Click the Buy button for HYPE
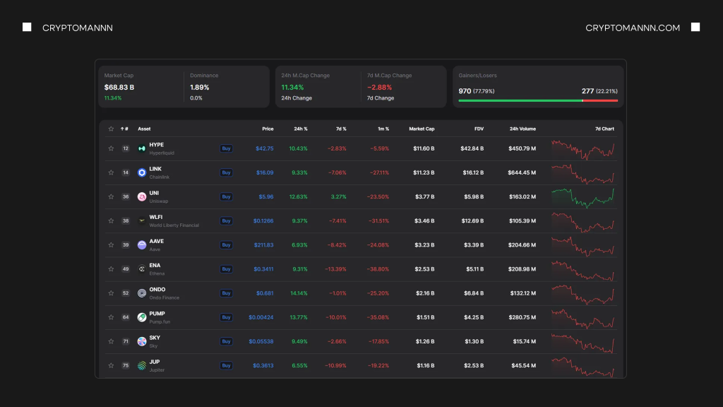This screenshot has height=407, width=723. (226, 148)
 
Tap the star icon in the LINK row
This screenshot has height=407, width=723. (111, 172)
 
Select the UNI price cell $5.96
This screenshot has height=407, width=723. (265, 196)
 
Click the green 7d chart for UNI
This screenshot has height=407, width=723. (582, 196)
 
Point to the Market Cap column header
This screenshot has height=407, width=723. (422, 129)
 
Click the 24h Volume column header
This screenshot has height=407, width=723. (522, 129)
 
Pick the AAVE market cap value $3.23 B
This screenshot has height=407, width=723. (424, 244)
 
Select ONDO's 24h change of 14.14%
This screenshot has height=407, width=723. (299, 293)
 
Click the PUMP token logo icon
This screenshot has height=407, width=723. (142, 317)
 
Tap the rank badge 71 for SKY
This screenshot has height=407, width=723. (126, 341)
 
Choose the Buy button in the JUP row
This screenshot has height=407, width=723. (226, 365)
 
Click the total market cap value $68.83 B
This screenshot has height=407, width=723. (119, 87)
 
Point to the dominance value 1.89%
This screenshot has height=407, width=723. (200, 87)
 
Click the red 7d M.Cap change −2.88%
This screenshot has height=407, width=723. (380, 87)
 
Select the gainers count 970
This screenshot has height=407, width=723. (465, 91)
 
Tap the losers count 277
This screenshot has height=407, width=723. (588, 91)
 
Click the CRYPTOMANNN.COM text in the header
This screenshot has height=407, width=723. (633, 28)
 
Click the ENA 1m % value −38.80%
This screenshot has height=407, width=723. (378, 269)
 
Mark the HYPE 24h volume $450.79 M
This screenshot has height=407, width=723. (522, 148)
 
